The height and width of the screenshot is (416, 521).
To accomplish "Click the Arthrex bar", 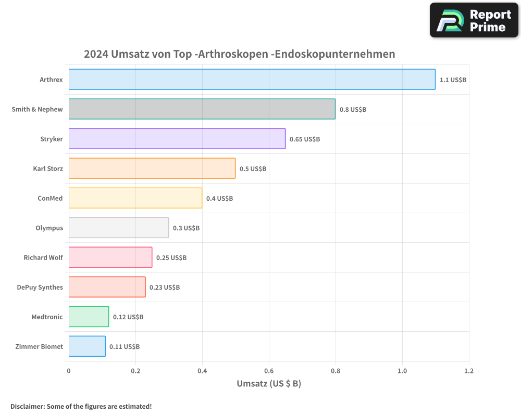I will (x=252, y=80).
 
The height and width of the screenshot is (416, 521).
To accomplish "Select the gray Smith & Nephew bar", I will (x=202, y=109).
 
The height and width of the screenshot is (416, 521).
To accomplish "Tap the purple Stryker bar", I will (x=177, y=139).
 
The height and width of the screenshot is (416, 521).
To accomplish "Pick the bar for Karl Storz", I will (x=152, y=168).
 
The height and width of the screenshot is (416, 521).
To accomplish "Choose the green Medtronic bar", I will (x=89, y=317).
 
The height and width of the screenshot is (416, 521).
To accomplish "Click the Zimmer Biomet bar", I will (x=87, y=346).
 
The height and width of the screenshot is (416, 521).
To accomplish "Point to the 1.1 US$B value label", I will (x=453, y=80).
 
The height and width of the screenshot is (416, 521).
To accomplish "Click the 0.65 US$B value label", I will (x=305, y=139).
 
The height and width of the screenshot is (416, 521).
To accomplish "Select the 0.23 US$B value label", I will (x=165, y=288).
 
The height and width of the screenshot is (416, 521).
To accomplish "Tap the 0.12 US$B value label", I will (x=128, y=317).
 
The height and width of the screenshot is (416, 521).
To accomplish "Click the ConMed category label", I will (x=50, y=198).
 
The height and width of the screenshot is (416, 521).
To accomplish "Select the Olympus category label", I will (x=49, y=228).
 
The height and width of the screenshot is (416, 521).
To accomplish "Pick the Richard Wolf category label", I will (x=43, y=257).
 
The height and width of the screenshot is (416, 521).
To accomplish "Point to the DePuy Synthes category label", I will (x=40, y=287).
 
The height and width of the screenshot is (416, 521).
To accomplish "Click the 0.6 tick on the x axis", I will (x=269, y=371).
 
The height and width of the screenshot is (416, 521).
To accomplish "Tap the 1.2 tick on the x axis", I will (x=469, y=371).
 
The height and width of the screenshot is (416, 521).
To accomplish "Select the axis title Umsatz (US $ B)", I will (x=269, y=384).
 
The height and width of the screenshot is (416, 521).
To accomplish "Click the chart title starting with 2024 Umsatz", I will (x=239, y=54).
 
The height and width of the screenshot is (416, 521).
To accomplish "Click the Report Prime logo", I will (x=474, y=20).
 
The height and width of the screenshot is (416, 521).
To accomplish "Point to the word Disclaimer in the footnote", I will (x=27, y=407).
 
